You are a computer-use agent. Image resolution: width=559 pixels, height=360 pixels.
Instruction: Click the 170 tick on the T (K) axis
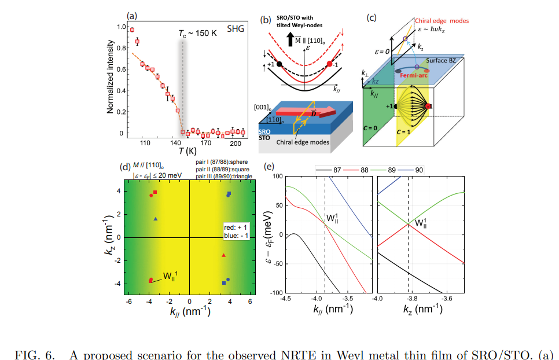pos(205,142)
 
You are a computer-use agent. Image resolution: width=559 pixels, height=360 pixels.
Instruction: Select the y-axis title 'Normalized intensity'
pos(109,78)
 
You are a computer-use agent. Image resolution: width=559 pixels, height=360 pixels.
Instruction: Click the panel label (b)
pos(266,19)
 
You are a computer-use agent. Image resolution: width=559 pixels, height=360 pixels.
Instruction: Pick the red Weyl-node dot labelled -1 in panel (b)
pos(330,64)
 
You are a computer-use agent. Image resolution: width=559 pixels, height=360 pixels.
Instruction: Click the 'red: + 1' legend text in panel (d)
pos(237,227)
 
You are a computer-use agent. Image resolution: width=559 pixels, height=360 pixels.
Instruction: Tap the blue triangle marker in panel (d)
pos(156,219)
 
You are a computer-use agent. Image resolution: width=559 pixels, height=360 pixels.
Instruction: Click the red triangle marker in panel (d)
pos(223,255)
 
